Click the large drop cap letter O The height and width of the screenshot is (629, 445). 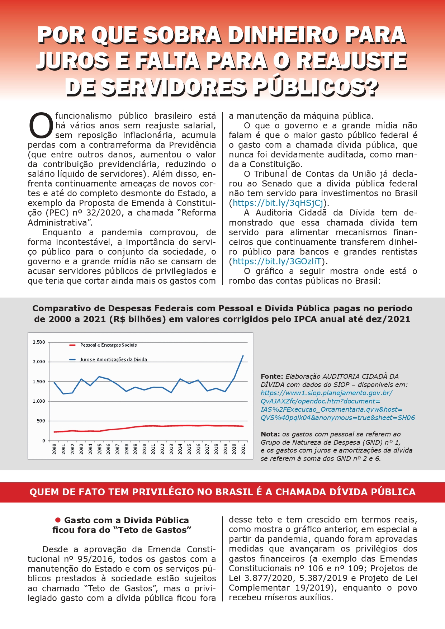[41, 126]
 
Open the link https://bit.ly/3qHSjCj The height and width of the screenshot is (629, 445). [278, 203]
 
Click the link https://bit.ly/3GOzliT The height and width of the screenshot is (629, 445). [277, 261]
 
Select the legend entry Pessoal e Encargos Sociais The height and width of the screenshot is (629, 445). [108, 345]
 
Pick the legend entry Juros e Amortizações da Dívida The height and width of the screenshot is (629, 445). [113, 359]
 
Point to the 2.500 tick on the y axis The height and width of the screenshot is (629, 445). [39, 342]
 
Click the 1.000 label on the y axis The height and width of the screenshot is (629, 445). [39, 401]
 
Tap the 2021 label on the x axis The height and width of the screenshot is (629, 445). [243, 449]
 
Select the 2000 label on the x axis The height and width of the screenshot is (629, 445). [55, 449]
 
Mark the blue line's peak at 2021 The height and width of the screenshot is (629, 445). [243, 356]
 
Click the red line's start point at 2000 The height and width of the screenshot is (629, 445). [55, 432]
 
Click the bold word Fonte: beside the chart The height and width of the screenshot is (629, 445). [272, 377]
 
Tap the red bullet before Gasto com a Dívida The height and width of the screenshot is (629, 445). [58, 520]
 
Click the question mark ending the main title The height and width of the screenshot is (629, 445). [370, 88]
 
